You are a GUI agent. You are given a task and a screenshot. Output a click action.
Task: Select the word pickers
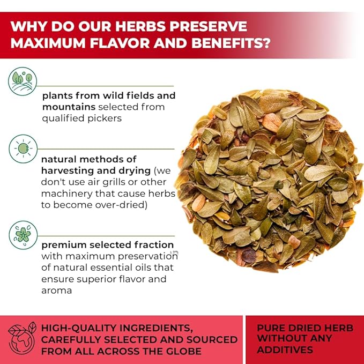point(103,118)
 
